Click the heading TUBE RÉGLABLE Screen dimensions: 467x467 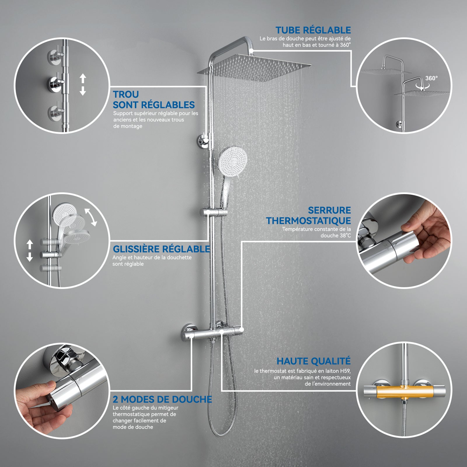[313, 30]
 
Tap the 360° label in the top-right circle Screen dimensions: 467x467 [431, 78]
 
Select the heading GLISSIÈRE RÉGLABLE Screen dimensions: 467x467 [161, 249]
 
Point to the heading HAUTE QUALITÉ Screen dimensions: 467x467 [313, 361]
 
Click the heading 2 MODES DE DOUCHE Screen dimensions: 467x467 [162, 399]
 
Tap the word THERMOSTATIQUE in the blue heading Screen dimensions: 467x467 [309, 221]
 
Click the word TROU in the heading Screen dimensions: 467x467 [126, 95]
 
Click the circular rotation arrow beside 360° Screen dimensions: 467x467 [420, 86]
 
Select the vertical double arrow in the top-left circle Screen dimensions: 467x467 [83, 85]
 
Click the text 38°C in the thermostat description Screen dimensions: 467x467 [345, 236]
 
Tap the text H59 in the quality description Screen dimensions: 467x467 [344, 371]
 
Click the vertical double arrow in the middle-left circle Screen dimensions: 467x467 [29, 250]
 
